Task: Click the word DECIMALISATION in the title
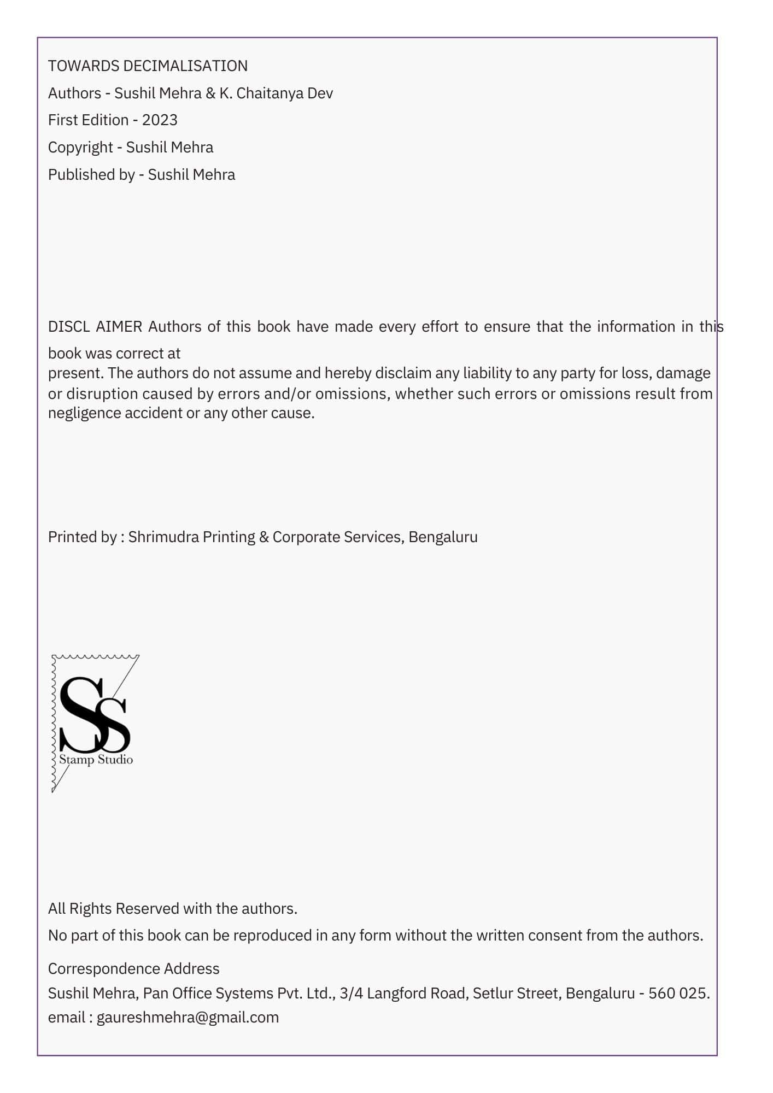pos(185,66)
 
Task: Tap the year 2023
pos(160,120)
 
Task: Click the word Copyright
pos(80,148)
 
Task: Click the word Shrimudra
pos(163,537)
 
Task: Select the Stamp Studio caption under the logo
pos(96,760)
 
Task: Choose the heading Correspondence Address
pos(133,969)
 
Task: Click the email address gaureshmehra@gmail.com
pos(188,1018)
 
